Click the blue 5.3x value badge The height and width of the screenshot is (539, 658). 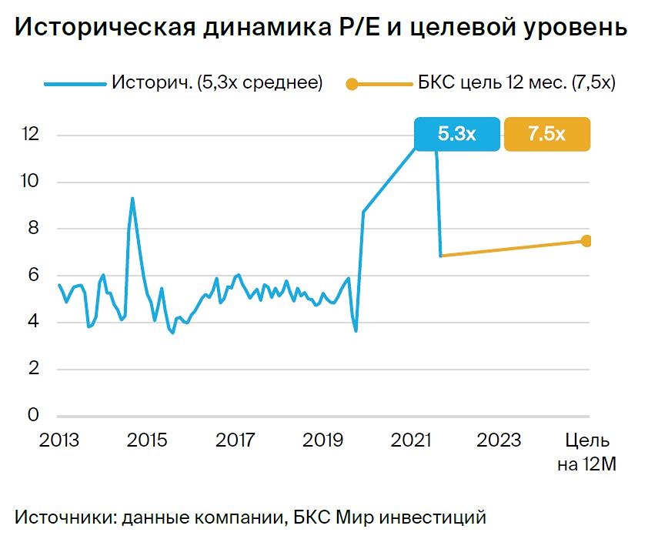[457, 134]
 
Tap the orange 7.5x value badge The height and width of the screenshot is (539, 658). [546, 134]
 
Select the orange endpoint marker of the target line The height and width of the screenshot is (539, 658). [586, 241]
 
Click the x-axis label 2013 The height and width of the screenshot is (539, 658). [59, 440]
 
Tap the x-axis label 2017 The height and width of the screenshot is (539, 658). [235, 440]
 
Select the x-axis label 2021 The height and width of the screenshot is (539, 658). [412, 440]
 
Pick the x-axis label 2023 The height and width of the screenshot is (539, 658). [499, 440]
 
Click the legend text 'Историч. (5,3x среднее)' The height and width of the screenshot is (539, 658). [217, 82]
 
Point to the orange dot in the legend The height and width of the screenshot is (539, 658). [352, 83]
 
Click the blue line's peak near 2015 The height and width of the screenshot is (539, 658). [132, 199]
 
